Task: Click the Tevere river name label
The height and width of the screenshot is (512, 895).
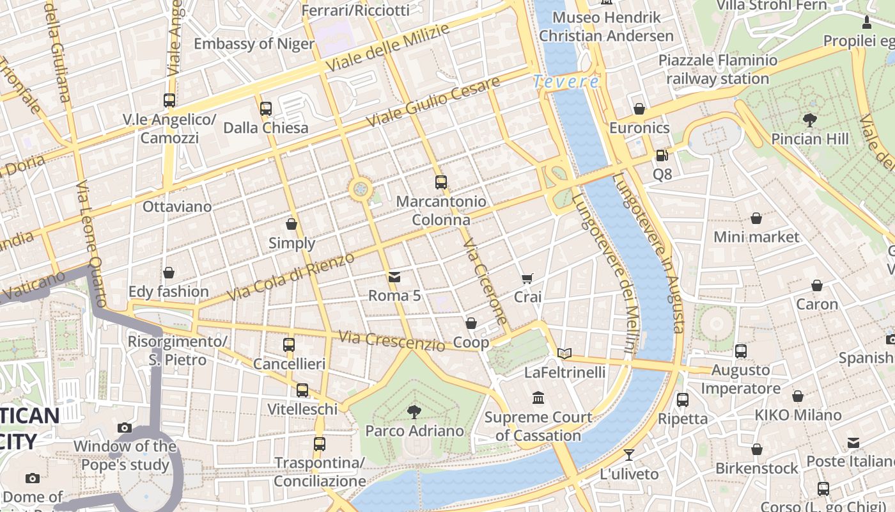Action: (566, 82)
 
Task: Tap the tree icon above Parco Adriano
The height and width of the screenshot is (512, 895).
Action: (414, 412)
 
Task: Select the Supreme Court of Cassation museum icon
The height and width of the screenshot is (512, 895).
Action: (538, 397)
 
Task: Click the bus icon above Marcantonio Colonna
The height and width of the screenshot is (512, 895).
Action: (440, 182)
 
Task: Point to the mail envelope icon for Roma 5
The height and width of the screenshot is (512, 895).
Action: (394, 277)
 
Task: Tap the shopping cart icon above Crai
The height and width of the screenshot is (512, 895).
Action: (527, 278)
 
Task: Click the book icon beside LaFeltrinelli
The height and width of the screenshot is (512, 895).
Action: (564, 353)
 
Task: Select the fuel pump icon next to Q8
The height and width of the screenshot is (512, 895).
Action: (662, 155)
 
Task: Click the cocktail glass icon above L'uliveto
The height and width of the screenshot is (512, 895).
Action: (629, 454)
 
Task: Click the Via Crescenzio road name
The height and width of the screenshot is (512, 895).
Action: (391, 340)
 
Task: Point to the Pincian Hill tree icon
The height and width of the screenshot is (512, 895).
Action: (809, 120)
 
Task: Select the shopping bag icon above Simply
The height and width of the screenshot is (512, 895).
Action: (292, 224)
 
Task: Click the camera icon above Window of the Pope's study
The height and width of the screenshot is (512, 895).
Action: (125, 428)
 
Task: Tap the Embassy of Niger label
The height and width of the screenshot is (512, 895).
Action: (254, 44)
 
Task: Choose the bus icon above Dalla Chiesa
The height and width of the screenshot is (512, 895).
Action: (266, 108)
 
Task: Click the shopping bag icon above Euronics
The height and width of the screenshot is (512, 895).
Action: (639, 109)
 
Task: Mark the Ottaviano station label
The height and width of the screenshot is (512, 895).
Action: (176, 207)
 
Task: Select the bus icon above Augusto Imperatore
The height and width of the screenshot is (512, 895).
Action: (740, 351)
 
